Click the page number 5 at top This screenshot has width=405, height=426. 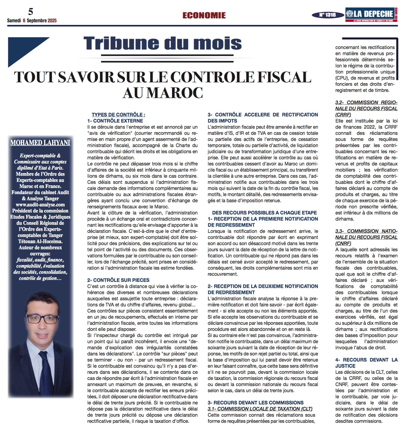click(x=31, y=11)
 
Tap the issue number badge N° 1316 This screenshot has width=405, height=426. click(x=328, y=15)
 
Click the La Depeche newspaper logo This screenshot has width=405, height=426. click(x=371, y=15)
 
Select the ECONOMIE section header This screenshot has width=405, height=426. click(x=204, y=15)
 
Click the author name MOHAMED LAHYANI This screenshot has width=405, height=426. click(x=40, y=143)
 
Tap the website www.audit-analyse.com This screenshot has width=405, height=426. click(x=40, y=204)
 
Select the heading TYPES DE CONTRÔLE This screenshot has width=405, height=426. click(x=118, y=115)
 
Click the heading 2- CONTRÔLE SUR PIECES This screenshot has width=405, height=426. click(x=118, y=280)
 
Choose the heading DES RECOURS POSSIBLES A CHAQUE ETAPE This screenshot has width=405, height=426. click(x=264, y=213)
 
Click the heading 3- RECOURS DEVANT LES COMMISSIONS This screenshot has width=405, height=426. click(x=256, y=403)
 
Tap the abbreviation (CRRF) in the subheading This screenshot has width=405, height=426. click(x=343, y=115)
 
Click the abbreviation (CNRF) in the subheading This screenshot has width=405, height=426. click(x=343, y=243)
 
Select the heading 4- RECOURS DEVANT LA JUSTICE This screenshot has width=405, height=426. click(x=366, y=363)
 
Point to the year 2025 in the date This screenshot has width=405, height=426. click(x=52, y=21)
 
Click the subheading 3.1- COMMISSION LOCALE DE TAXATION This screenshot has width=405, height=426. click(x=260, y=409)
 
